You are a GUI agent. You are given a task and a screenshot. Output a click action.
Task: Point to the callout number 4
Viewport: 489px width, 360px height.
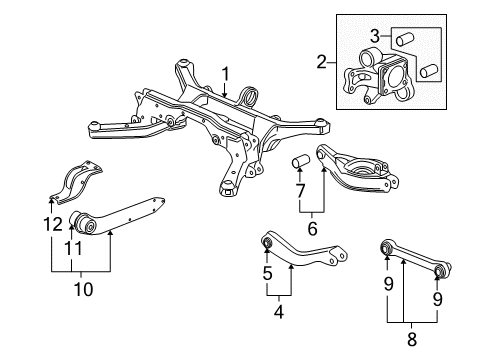click(279, 311)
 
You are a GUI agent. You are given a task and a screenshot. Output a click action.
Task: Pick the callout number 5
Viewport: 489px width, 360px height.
click(268, 273)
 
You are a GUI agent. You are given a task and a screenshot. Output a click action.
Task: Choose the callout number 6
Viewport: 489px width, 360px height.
click(312, 228)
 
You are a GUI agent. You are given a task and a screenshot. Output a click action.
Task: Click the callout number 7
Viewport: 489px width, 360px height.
click(299, 190)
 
